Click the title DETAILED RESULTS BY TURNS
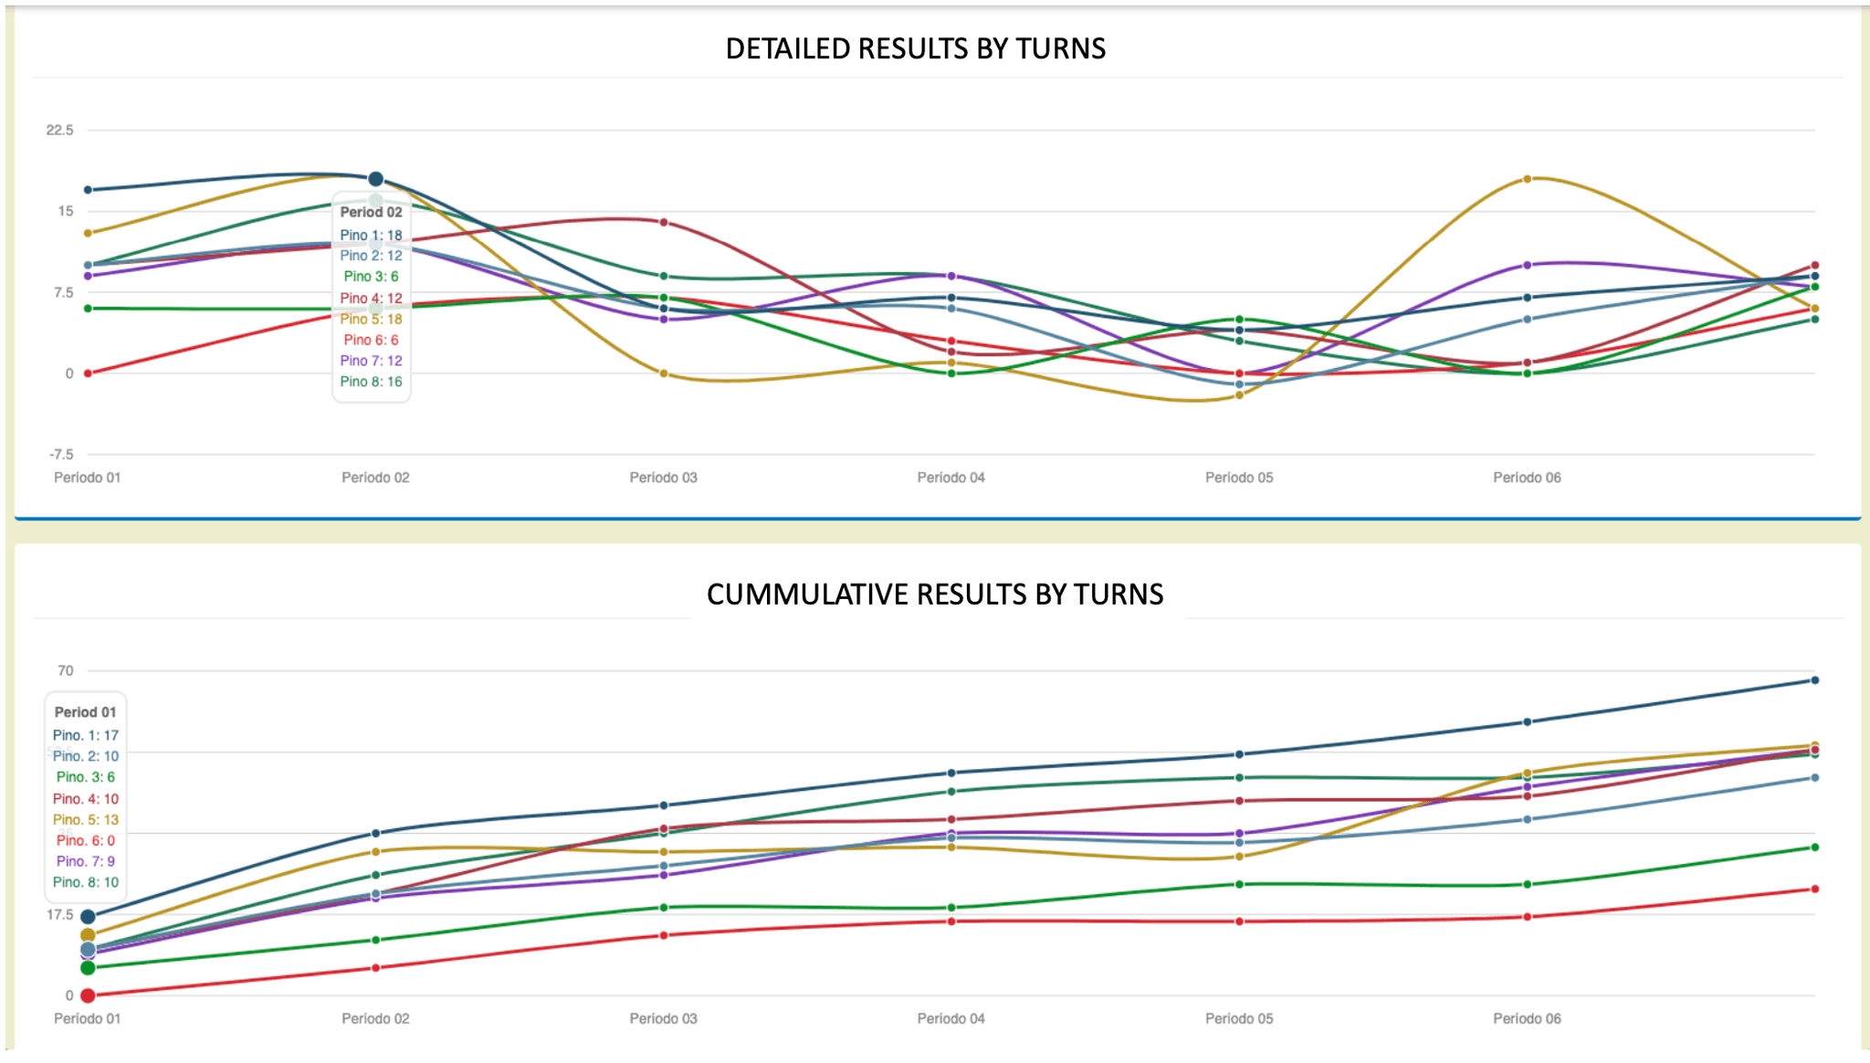(915, 48)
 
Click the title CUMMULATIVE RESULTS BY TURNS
(935, 595)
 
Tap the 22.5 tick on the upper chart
(60, 131)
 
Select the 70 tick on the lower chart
(66, 671)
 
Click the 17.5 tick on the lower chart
(60, 915)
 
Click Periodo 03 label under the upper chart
(663, 478)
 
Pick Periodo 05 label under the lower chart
(1239, 1019)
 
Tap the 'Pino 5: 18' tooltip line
(371, 320)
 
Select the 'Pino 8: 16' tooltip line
(371, 382)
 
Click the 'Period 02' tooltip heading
(371, 212)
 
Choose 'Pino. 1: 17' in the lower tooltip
(86, 735)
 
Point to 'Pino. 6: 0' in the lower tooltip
(86, 840)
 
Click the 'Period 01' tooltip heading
(86, 712)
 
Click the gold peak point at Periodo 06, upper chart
(1528, 179)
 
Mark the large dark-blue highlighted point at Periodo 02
(375, 179)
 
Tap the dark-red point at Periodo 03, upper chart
(664, 222)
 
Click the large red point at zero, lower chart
(88, 995)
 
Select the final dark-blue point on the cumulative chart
(1815, 680)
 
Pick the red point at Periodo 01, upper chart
(88, 374)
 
